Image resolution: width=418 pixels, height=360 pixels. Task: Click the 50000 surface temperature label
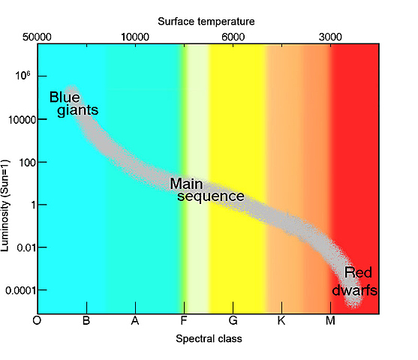pyautogui.click(x=37, y=36)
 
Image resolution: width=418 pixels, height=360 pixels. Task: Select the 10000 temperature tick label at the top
pyautogui.click(x=135, y=36)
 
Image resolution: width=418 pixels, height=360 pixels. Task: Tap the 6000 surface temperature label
pyautogui.click(x=233, y=36)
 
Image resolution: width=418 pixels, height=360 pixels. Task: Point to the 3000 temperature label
pyautogui.click(x=331, y=36)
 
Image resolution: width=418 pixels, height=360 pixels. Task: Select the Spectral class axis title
pyautogui.click(x=209, y=339)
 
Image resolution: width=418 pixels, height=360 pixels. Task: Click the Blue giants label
pyautogui.click(x=74, y=103)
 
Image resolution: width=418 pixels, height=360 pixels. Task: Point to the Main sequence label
pyautogui.click(x=207, y=190)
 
